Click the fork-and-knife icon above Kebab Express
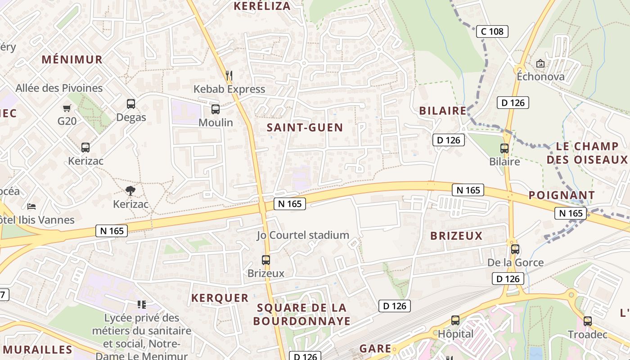tap(229, 76)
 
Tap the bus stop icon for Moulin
tap(216, 109)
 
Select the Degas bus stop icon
tap(131, 104)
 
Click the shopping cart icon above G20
tap(67, 108)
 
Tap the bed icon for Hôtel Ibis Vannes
tap(31, 206)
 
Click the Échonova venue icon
tap(540, 63)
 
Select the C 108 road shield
tap(492, 31)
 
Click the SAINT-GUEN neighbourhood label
tap(305, 127)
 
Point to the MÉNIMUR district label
tap(72, 59)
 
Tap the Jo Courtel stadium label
tap(303, 235)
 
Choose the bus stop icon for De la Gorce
tap(515, 249)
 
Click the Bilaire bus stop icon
tap(504, 148)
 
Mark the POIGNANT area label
tap(562, 195)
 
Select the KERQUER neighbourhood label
tap(220, 298)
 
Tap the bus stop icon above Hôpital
tap(455, 320)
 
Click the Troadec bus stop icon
tap(587, 321)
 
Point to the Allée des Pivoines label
tap(59, 88)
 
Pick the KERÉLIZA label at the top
tap(262, 6)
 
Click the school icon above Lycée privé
tap(142, 305)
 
